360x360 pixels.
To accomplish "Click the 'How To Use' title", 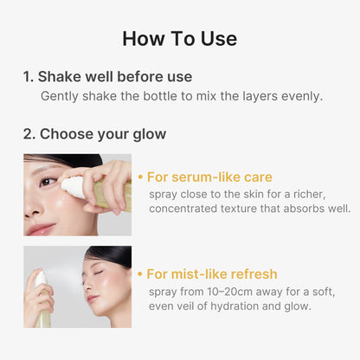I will click(180, 38).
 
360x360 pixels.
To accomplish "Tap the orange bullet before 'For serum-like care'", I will click(141, 177).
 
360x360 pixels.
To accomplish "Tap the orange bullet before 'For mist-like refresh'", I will click(141, 273).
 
